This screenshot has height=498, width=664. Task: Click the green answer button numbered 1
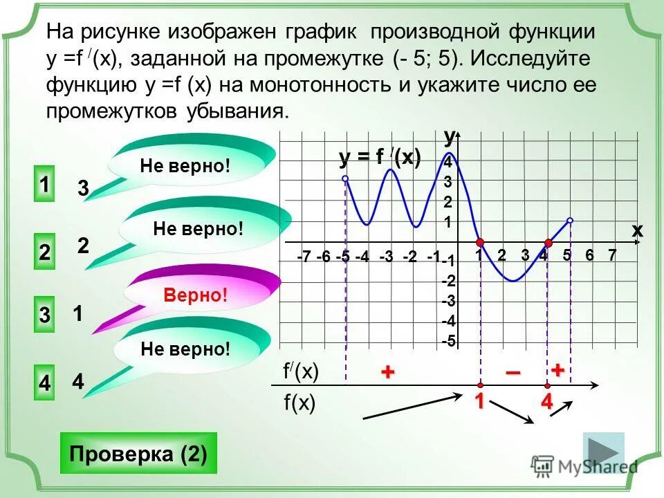(44, 186)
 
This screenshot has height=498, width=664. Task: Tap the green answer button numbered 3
(44, 315)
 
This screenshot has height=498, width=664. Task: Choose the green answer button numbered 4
(44, 382)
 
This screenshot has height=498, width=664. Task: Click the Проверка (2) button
(138, 454)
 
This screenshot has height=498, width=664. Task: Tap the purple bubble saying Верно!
(196, 296)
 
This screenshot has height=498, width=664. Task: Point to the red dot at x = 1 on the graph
(479, 242)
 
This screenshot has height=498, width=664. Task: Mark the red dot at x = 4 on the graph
(547, 242)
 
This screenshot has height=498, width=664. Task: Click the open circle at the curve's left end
(345, 179)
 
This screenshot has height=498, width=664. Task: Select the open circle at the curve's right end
(570, 221)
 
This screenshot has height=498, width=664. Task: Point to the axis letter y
(450, 136)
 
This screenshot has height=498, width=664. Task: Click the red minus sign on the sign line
(513, 373)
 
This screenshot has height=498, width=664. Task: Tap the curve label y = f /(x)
(380, 158)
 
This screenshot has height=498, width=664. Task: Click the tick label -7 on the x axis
(303, 257)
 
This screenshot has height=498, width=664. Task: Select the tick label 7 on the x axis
(611, 255)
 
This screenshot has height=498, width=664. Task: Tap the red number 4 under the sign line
(546, 402)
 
